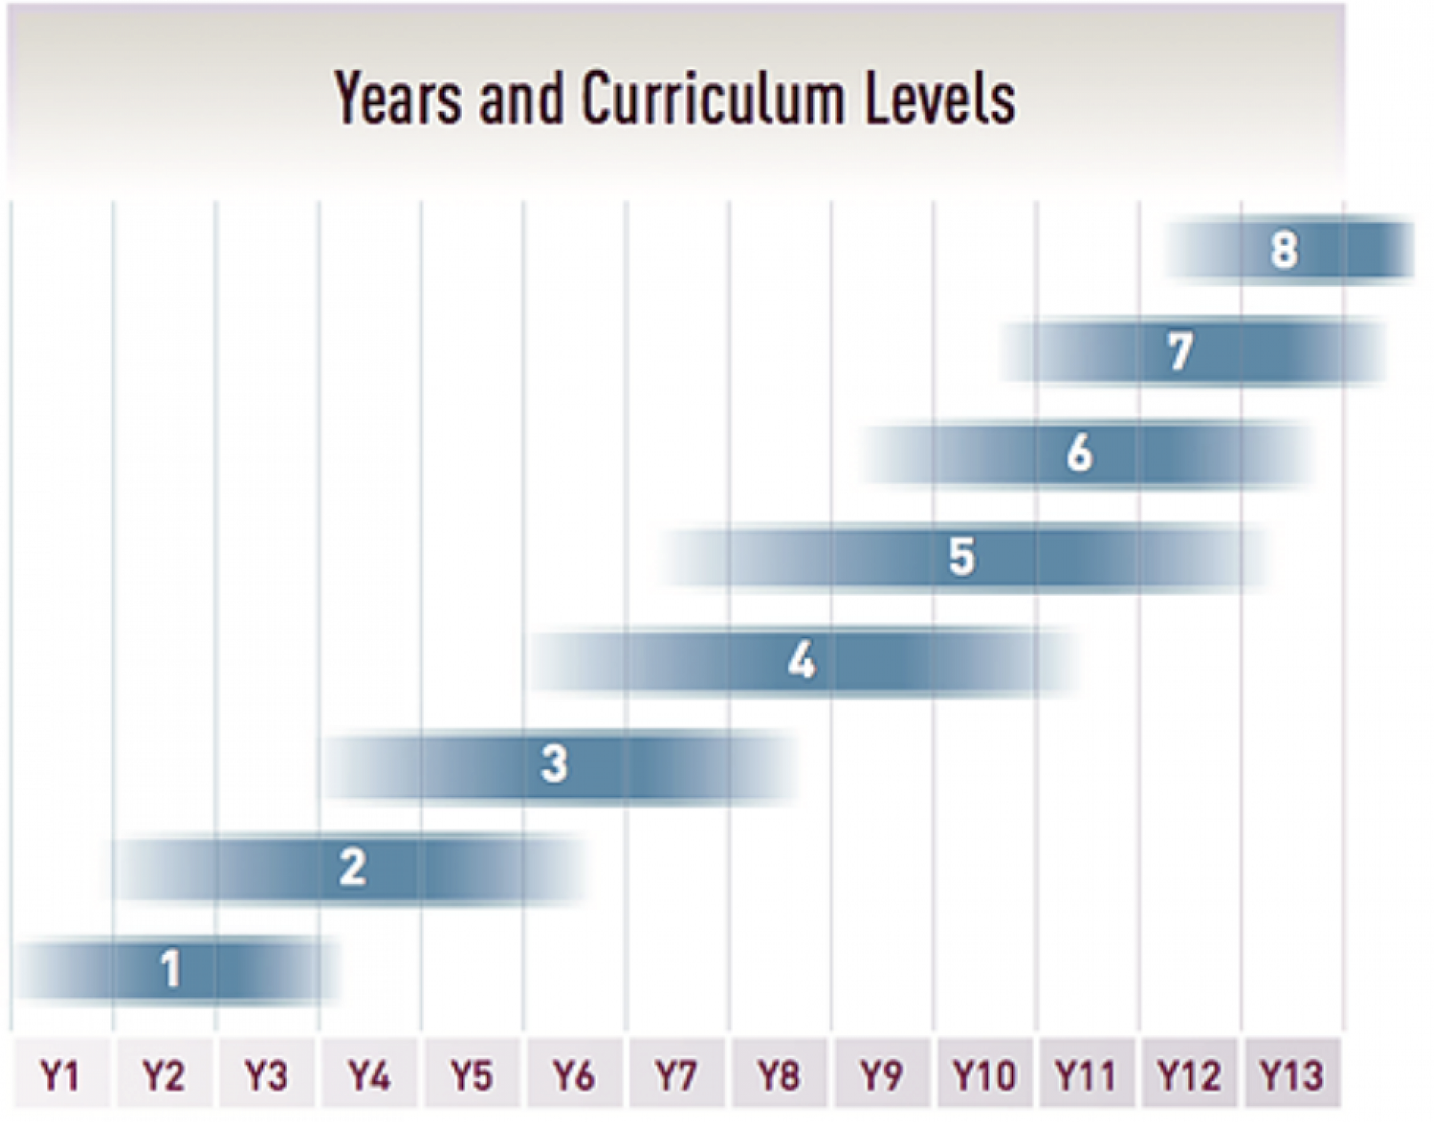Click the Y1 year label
click(60, 1075)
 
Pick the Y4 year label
click(369, 1075)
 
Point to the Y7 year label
click(675, 1075)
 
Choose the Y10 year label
click(984, 1075)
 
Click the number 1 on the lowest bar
click(171, 969)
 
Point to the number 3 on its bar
click(554, 763)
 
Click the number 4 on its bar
click(802, 660)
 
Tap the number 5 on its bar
click(961, 556)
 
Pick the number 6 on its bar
click(1079, 454)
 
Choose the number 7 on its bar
click(1180, 351)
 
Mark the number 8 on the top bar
click(1283, 250)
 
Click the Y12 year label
click(1189, 1075)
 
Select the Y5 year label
click(471, 1075)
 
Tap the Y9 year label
click(880, 1075)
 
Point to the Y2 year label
click(163, 1075)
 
